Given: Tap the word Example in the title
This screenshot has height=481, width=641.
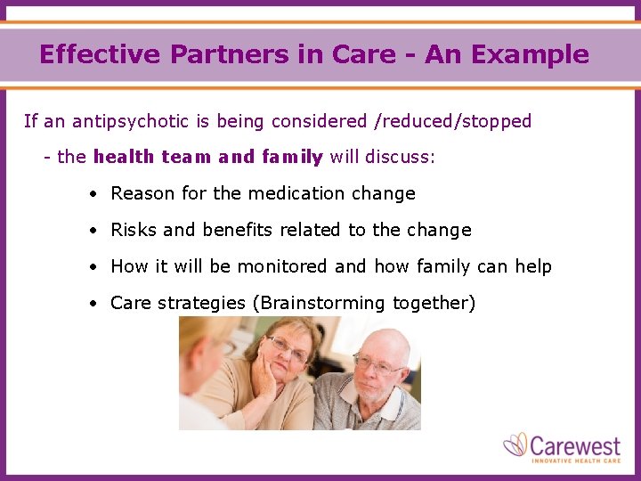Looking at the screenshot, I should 531,54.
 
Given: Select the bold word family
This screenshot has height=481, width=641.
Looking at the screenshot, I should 292,158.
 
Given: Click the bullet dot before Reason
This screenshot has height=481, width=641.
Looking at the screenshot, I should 93,194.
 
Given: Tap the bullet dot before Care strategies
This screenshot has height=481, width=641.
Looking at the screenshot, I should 93,304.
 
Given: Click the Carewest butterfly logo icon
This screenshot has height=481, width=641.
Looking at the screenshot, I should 515,444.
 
